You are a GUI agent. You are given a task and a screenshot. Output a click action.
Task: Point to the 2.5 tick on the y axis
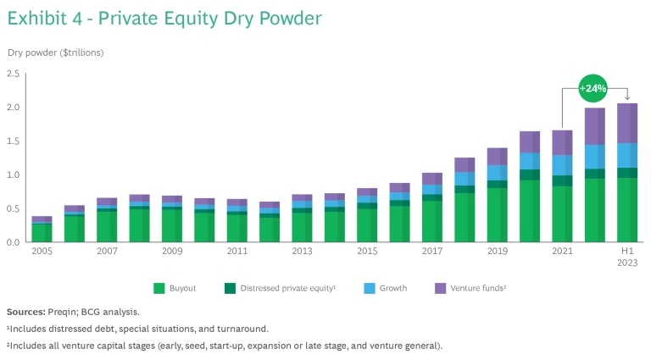[x=13, y=74]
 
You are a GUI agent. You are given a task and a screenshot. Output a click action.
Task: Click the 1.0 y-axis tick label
[x=13, y=175]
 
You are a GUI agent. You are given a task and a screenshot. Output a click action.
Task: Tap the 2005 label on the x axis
[x=42, y=252]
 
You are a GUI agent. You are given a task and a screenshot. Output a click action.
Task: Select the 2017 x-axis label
[x=431, y=252]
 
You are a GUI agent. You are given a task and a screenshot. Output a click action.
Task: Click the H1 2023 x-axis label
[x=626, y=257]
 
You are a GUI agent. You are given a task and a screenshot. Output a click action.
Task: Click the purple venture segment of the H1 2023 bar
[x=626, y=124]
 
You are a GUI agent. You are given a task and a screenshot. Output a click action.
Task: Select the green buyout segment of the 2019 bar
[x=497, y=215]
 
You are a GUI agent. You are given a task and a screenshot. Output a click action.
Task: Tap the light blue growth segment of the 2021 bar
[x=562, y=165]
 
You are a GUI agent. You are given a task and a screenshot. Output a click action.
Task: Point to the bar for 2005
[x=42, y=230]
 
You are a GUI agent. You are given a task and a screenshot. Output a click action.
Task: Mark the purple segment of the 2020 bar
[x=529, y=141]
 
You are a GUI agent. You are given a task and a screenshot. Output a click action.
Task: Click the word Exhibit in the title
[x=38, y=18]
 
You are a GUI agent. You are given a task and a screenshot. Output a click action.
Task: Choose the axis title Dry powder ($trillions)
[x=56, y=53]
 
